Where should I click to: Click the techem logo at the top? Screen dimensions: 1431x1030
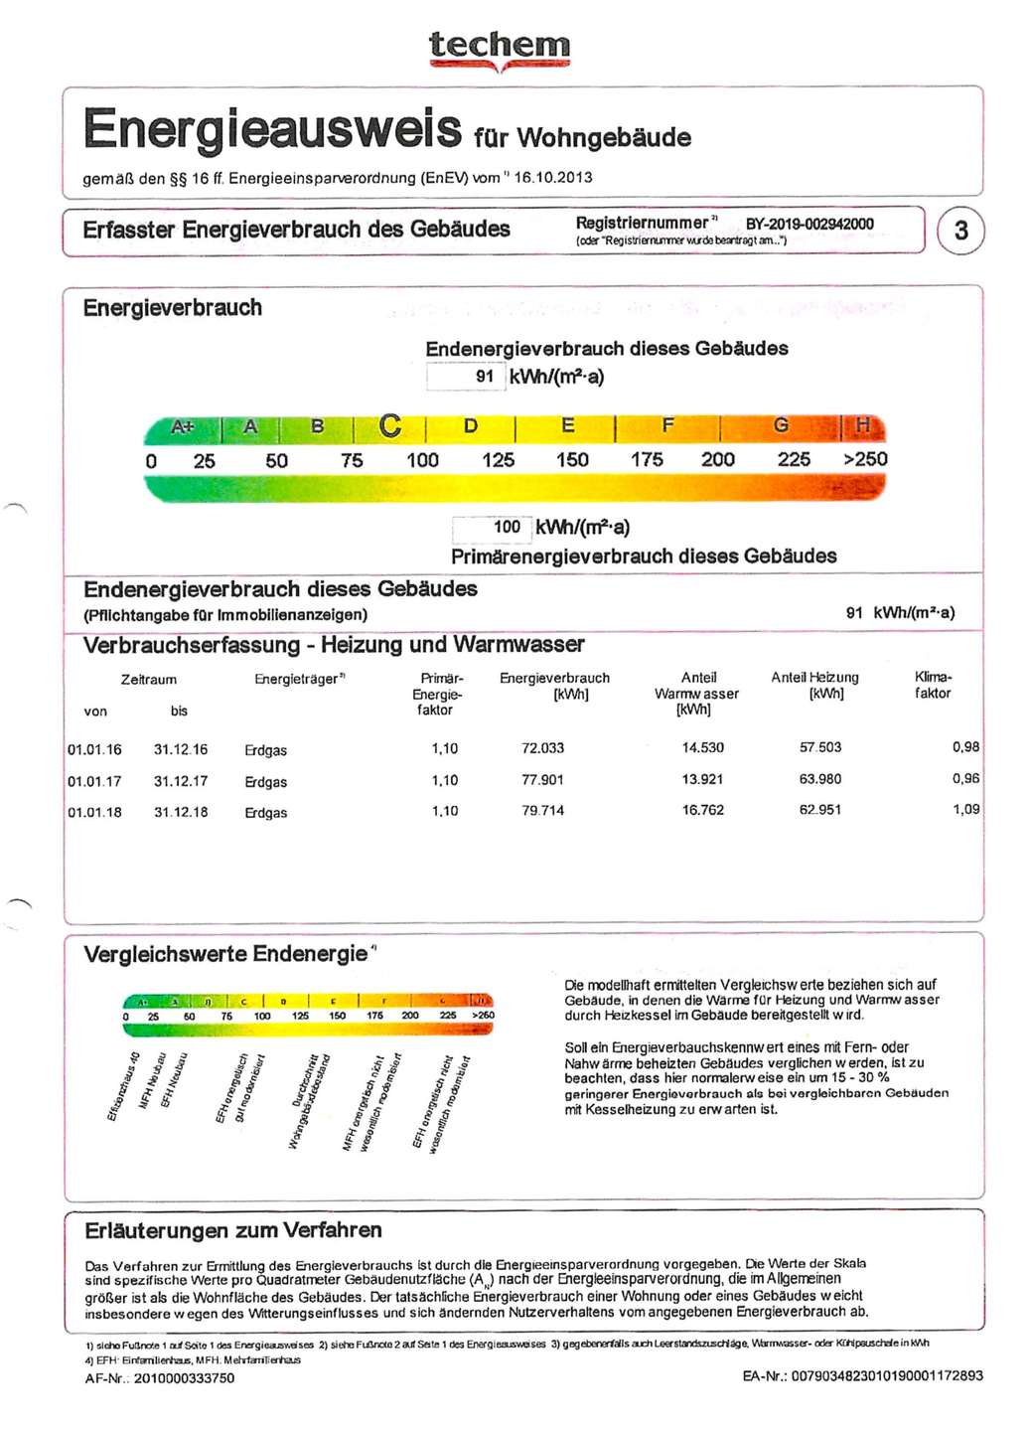point(500,48)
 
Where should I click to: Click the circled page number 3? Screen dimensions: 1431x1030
point(960,231)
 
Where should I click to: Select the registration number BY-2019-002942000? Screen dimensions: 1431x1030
point(809,225)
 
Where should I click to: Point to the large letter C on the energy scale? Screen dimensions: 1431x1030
point(390,426)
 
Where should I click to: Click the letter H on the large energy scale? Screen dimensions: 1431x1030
point(863,426)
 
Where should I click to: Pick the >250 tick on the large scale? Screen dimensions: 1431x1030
point(865,459)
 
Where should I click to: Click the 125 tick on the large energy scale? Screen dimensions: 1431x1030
point(499,460)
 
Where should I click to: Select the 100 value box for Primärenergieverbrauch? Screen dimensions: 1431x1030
point(493,528)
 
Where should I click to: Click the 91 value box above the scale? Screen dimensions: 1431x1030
point(466,377)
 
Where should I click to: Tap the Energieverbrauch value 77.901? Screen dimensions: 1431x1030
point(542,780)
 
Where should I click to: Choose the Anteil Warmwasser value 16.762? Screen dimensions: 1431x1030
point(702,810)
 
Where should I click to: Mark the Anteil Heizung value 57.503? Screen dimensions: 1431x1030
point(820,747)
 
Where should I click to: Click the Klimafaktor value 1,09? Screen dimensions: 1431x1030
point(965,809)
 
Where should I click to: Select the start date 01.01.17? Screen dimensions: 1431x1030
point(94,782)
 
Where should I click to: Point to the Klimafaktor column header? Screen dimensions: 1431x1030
point(933,685)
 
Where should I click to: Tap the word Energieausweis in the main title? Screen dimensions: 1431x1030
point(273,129)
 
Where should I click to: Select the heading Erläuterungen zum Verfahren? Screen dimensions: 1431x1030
point(233,1230)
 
